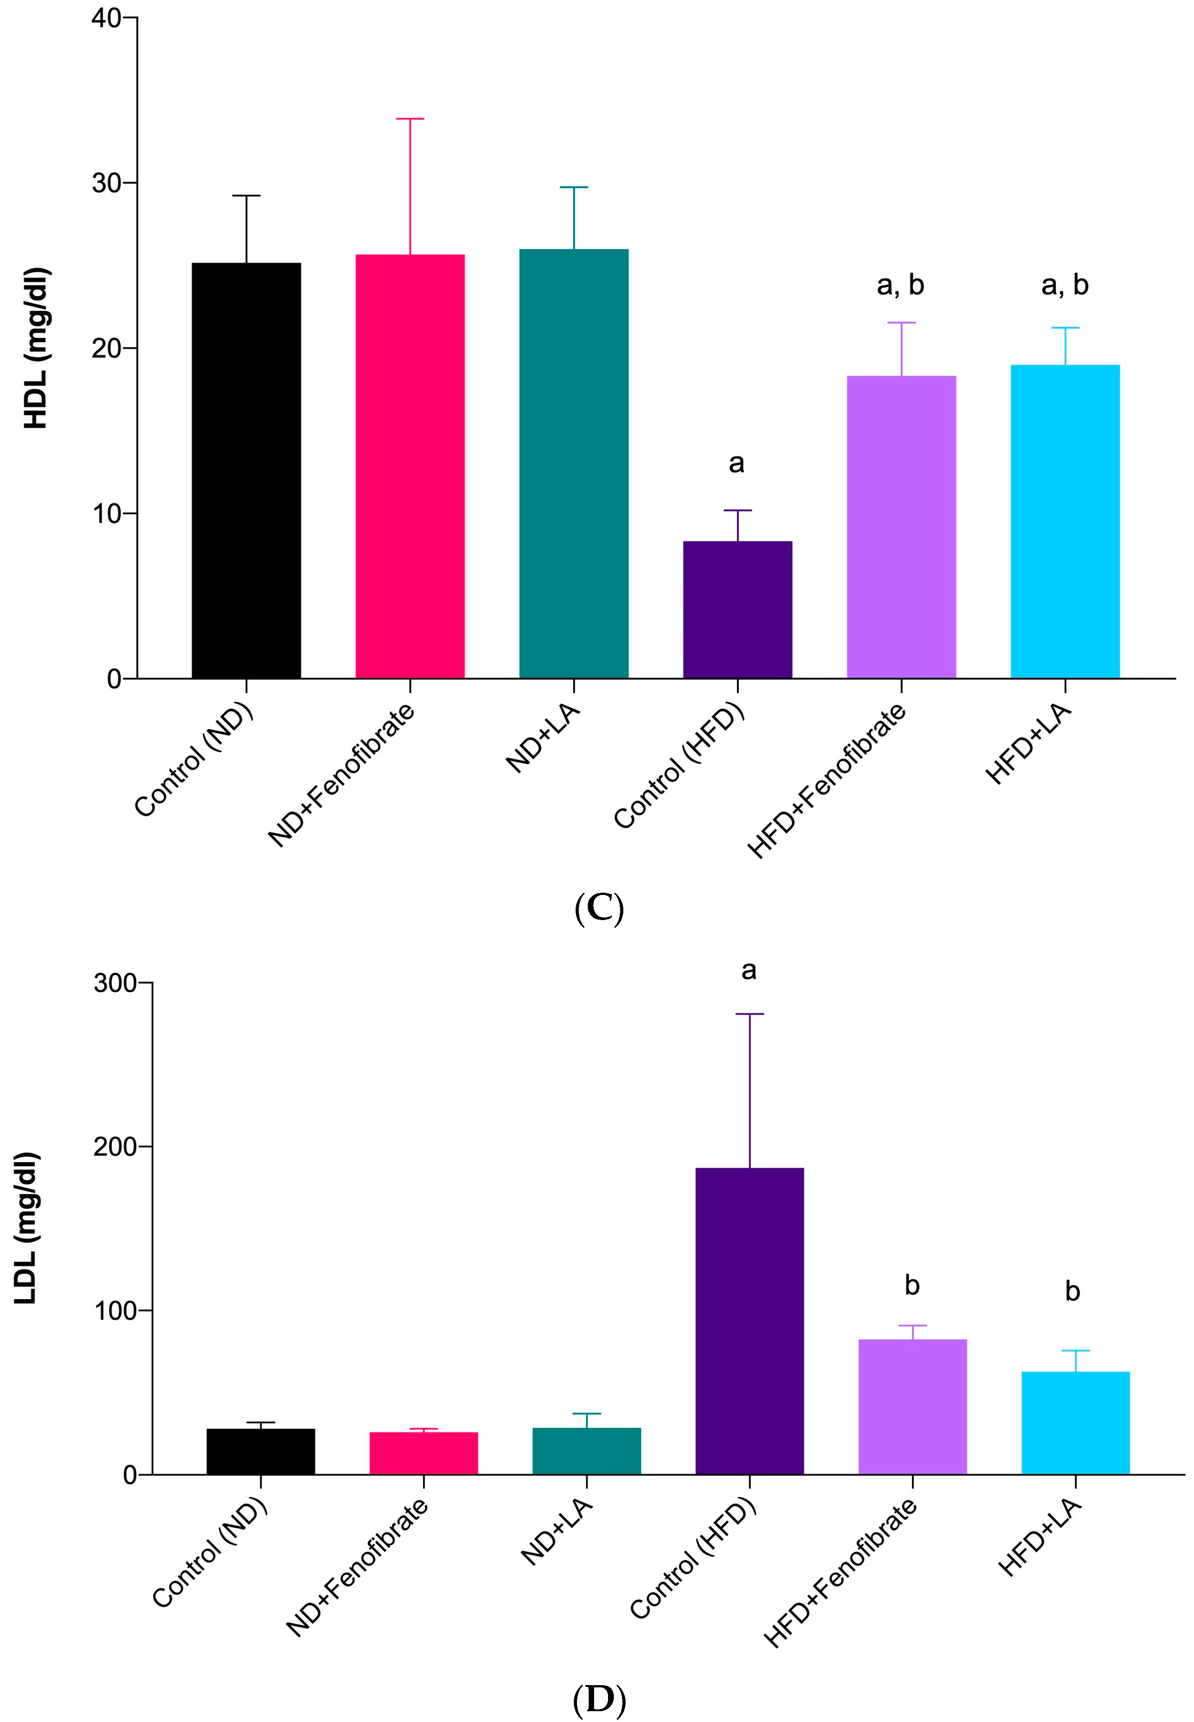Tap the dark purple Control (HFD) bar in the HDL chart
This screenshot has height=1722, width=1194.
(x=737, y=610)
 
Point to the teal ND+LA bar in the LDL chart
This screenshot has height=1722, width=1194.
(x=586, y=1451)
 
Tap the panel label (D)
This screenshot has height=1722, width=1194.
(x=599, y=1700)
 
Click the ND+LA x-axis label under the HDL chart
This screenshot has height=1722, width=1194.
(x=544, y=737)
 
